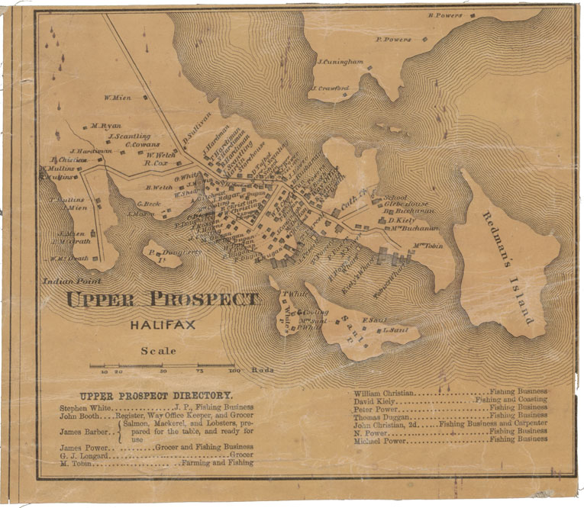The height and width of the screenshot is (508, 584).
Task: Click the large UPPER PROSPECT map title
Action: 162,299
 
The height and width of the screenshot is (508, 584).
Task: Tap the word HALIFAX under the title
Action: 162,326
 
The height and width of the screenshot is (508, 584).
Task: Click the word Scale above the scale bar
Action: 158,351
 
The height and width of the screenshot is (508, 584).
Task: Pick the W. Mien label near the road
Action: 118,98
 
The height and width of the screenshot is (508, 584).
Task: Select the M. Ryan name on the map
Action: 105,126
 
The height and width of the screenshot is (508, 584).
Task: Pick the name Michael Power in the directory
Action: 382,439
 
